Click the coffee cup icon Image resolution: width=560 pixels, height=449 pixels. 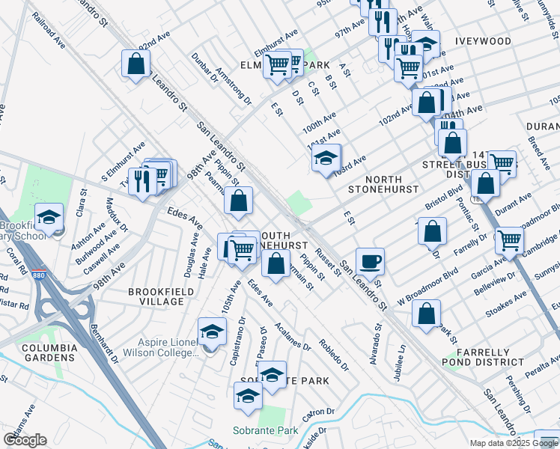click(370, 262)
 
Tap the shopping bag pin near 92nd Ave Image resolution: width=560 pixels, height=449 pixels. click(136, 64)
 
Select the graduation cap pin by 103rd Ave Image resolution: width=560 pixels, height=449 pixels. click(326, 158)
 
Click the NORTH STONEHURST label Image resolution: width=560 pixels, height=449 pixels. click(375, 185)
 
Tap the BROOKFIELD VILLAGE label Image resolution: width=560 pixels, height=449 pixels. click(156, 296)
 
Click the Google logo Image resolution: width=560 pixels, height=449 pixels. click(25, 440)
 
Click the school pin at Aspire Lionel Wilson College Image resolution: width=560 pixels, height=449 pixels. click(212, 330)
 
